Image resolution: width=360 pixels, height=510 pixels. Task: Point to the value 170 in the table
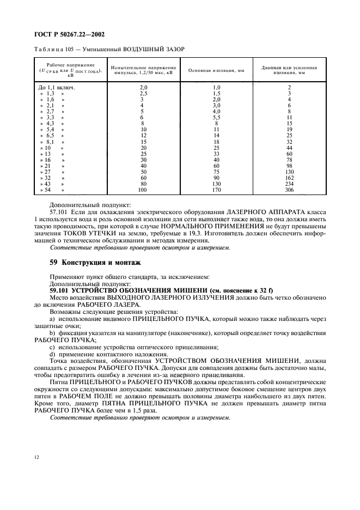point(216,190)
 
